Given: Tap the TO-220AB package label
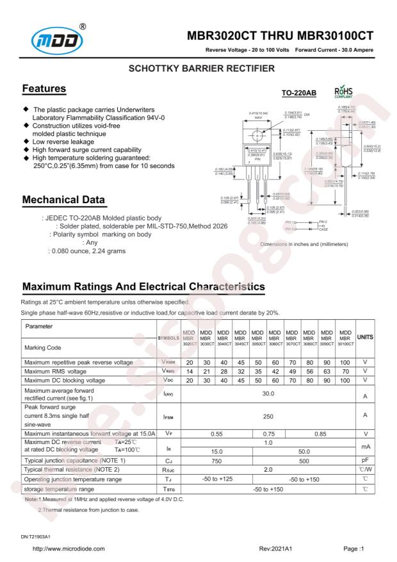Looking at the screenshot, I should point(298,94).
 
